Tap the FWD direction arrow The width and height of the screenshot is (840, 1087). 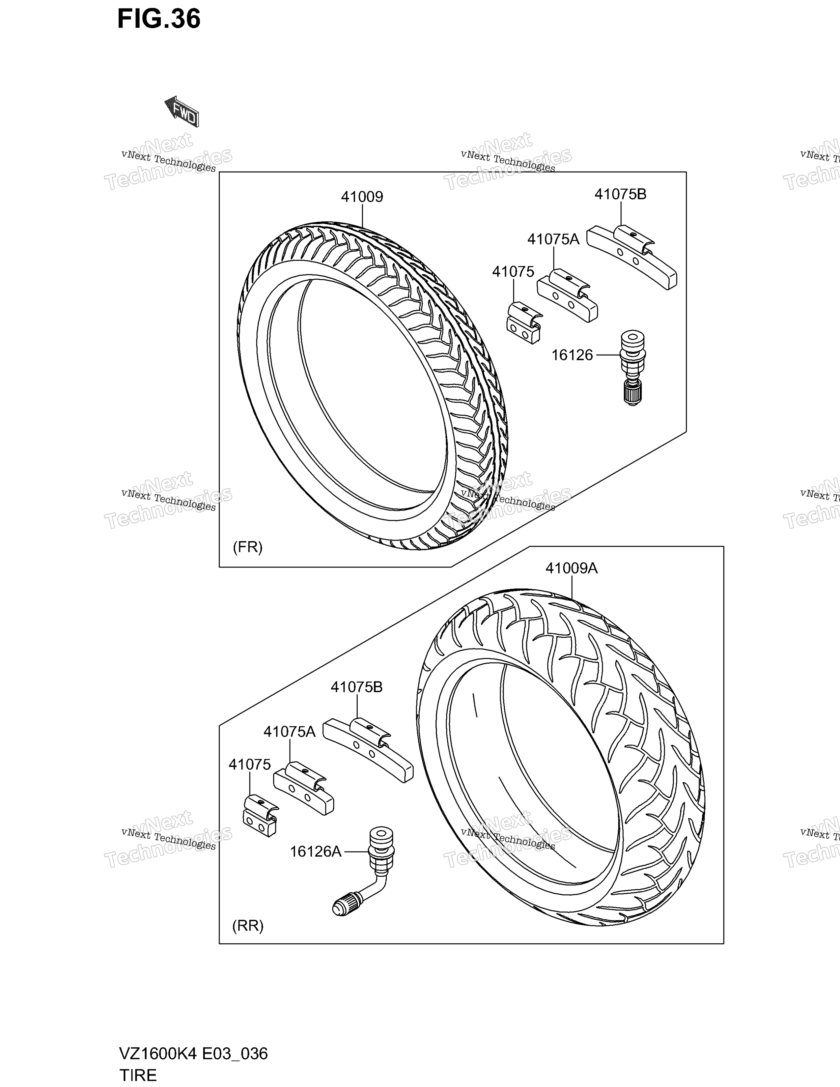182,111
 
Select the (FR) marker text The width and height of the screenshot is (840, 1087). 248,547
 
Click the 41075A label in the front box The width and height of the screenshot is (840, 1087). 553,239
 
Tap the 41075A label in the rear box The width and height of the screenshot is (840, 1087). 290,732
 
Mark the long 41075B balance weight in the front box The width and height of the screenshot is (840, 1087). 631,256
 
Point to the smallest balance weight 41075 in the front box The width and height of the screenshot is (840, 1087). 524,322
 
